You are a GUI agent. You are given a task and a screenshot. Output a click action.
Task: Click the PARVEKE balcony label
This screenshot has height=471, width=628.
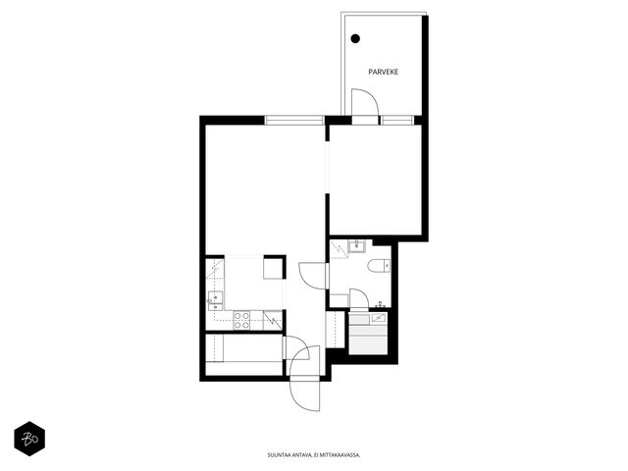click(x=384, y=72)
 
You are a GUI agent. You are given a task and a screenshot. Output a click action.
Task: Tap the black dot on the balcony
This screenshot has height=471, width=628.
click(x=355, y=38)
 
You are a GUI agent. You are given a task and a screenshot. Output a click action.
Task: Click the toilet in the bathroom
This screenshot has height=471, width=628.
click(x=379, y=266)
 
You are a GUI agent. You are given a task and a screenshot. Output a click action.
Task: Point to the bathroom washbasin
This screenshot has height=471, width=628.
click(x=356, y=246)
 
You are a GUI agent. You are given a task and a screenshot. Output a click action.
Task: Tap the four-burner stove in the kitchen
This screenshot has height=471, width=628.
click(x=241, y=321)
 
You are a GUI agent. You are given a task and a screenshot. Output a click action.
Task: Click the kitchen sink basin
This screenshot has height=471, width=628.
click(x=215, y=298)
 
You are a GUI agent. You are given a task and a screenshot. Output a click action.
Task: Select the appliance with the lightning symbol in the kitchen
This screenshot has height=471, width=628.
click(x=273, y=321)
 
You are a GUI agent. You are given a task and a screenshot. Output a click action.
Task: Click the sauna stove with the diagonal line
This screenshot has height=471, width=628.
click(x=378, y=318)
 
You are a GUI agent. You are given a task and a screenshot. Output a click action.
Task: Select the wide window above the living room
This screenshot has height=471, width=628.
click(x=294, y=120)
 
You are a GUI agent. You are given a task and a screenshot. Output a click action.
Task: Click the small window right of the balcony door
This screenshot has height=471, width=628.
click(x=396, y=120)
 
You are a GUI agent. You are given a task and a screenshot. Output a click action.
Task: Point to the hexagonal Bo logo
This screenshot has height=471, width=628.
click(x=29, y=439)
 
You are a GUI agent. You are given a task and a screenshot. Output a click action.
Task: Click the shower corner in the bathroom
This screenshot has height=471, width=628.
click(x=339, y=249)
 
